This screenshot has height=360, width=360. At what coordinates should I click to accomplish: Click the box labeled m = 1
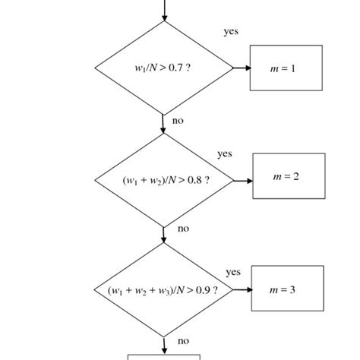coord(286,68)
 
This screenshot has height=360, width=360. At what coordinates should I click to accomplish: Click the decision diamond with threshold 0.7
coord(163,68)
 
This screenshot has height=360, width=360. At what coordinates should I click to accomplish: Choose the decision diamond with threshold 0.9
coord(163,291)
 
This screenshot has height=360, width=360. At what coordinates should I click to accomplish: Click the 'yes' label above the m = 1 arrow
coord(231,32)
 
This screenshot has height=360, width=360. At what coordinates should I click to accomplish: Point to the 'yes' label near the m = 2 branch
coord(225,153)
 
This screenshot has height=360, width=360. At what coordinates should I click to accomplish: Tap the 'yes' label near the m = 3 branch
coord(233,272)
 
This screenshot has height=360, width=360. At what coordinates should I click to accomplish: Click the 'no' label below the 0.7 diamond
coord(178,120)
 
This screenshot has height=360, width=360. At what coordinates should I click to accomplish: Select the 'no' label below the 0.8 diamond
coord(183,228)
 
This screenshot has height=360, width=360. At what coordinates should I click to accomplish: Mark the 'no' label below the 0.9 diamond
coord(183,341)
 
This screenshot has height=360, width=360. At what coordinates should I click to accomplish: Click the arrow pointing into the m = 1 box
coord(242,68)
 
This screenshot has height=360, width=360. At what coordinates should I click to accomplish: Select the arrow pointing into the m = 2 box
coord(243,181)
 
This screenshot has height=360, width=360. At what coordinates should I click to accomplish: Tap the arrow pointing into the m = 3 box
coord(242,291)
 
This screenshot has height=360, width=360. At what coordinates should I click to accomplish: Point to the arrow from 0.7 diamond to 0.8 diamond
coord(163,125)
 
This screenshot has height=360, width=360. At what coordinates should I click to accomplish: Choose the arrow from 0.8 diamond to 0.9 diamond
coord(163,235)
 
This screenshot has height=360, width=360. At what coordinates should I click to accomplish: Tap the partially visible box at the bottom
coord(163,356)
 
